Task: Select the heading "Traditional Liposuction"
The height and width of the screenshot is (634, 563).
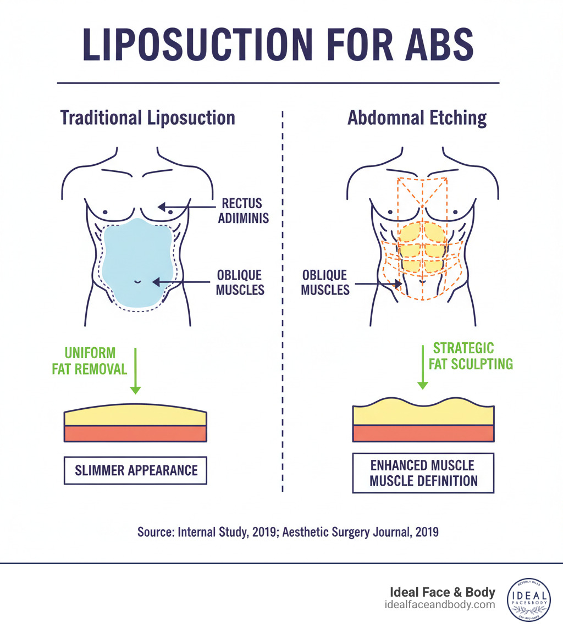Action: click(x=147, y=118)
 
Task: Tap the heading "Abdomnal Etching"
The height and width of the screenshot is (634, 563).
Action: click(x=417, y=118)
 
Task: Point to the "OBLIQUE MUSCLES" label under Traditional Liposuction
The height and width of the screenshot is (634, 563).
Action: click(x=240, y=282)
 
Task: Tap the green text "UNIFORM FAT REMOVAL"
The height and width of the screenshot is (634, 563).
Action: click(x=89, y=360)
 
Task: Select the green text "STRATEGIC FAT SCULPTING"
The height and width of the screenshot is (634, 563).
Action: click(x=471, y=356)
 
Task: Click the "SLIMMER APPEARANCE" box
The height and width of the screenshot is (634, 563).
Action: click(x=135, y=470)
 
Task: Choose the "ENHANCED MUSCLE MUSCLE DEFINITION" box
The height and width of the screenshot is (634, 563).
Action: click(x=423, y=473)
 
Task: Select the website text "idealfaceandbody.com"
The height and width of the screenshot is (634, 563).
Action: click(x=440, y=604)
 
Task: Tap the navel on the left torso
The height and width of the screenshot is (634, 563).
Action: click(x=137, y=282)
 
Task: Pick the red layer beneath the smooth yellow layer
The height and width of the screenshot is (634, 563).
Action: click(x=135, y=433)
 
